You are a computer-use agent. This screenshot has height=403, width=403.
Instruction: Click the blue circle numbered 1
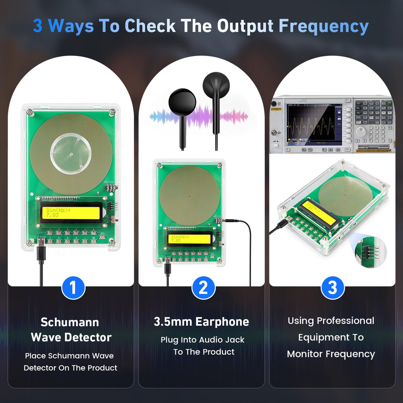pos(73,288)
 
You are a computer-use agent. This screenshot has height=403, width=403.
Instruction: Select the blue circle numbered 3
pos(332,288)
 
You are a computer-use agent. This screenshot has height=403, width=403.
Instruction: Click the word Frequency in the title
pos(323,26)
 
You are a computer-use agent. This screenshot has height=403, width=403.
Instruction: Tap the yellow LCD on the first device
pos(71,212)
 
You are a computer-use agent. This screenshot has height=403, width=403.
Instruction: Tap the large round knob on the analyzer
pos(361,131)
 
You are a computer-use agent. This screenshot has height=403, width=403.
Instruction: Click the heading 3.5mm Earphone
pos(201,322)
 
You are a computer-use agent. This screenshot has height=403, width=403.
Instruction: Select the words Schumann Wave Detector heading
pos(71,329)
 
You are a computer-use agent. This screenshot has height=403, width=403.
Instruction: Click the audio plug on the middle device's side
pos(230,220)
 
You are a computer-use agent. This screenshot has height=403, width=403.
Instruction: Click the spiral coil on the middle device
pos(189,195)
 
